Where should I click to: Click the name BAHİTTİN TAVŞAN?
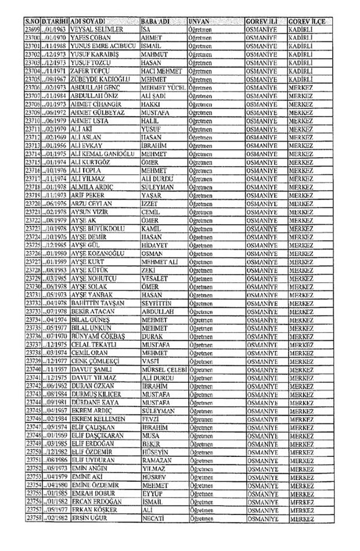(99, 305)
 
